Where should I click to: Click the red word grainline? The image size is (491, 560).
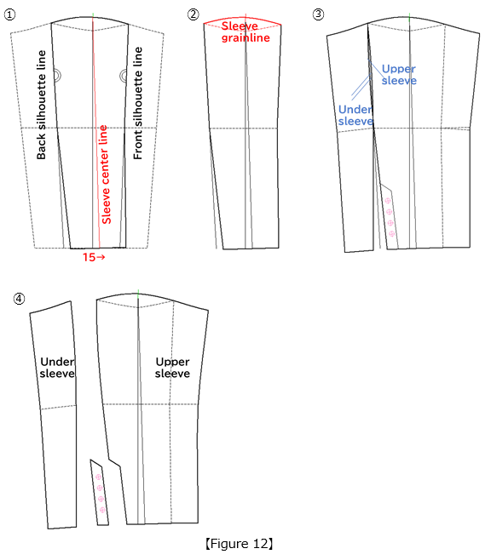pos(245,38)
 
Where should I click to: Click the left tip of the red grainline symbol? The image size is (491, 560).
pos(205,24)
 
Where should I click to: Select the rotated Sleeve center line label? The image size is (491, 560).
pos(106,174)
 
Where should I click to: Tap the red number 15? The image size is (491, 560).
pos(89,257)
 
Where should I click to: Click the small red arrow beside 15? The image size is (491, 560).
pos(101,257)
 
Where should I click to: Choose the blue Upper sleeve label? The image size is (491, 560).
pos(399,75)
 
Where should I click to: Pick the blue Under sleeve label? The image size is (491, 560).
pos(355,115)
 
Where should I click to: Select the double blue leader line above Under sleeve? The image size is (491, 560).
pos(361,88)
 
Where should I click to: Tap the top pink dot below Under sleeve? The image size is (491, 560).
pos(388,201)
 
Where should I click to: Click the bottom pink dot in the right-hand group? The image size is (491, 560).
pos(392,234)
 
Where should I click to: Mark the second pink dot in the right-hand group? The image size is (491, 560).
pos(390,212)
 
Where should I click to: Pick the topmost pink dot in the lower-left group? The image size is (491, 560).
pos(98,477)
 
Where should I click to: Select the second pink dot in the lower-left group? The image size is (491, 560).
pos(100,489)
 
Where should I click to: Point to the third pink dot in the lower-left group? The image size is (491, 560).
pos(101,499)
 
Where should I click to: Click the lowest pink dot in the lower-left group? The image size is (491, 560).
pos(102,510)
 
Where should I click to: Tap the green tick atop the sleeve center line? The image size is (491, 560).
pos(93,15)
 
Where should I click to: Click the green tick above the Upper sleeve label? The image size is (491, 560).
pos(409,17)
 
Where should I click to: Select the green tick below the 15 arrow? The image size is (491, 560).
pos(138,294)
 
